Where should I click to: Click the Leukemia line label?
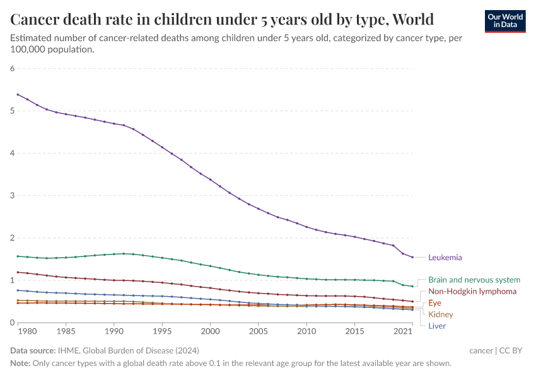(x=445, y=257)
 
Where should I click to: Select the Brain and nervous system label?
(x=474, y=280)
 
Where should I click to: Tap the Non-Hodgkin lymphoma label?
(x=472, y=291)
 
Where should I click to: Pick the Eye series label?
(x=434, y=303)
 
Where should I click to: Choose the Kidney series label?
(x=440, y=314)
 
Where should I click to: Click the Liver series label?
(x=436, y=326)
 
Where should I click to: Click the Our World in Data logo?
(x=505, y=21)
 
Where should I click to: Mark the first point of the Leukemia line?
(x=18, y=94)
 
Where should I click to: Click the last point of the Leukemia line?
(x=412, y=257)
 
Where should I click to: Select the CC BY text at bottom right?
(x=511, y=350)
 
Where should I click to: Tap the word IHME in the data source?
(x=67, y=350)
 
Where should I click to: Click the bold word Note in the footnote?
(x=20, y=364)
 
